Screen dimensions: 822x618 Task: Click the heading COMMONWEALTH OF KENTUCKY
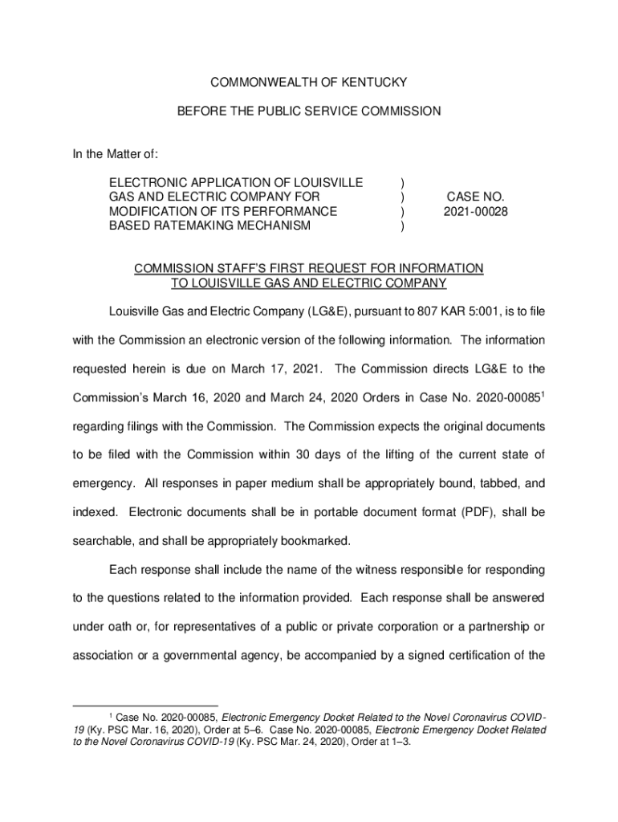click(309, 83)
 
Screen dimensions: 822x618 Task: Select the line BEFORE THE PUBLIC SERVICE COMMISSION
click(309, 112)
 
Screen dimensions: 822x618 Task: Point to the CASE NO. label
click(476, 197)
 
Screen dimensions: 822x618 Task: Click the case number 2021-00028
click(476, 212)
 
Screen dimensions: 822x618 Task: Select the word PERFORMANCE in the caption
click(287, 212)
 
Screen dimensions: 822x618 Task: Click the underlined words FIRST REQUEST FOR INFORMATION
click(373, 268)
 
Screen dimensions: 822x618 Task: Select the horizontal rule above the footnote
click(145, 706)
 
